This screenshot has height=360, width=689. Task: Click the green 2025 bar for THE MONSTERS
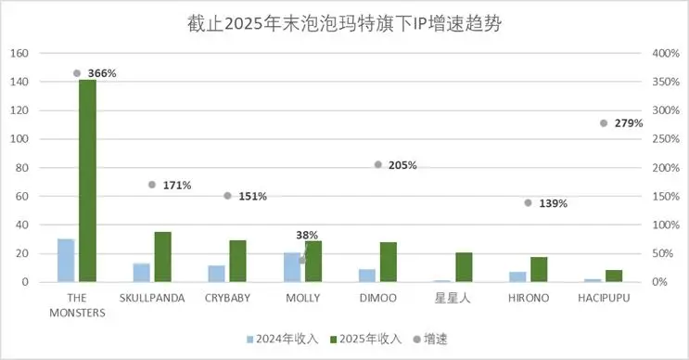point(87,181)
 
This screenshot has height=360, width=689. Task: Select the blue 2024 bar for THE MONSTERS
point(66,261)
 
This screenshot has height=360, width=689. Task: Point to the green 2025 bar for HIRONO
point(539,269)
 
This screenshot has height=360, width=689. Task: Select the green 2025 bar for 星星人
point(464,267)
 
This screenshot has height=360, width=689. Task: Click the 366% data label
point(102,73)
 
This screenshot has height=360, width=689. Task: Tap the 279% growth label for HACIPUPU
point(628,123)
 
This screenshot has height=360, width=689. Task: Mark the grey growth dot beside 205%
point(378,165)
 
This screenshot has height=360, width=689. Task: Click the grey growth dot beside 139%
point(529,202)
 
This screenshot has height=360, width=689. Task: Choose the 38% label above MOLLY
point(307,236)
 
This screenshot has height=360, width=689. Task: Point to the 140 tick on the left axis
point(19,82)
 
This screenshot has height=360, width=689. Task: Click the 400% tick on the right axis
point(666,53)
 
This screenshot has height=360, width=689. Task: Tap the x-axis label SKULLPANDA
point(152,298)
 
